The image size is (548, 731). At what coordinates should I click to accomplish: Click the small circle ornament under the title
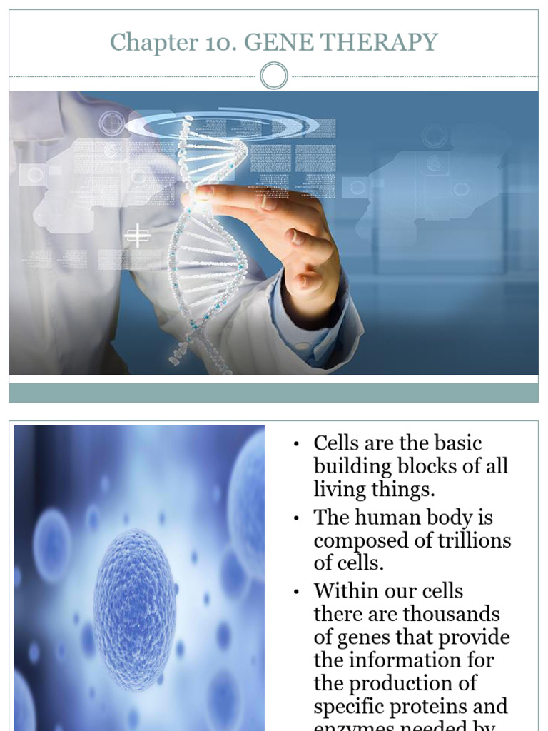coord(274,76)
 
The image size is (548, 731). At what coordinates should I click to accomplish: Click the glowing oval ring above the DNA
coord(221,126)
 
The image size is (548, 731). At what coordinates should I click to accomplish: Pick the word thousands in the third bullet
coord(452,614)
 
